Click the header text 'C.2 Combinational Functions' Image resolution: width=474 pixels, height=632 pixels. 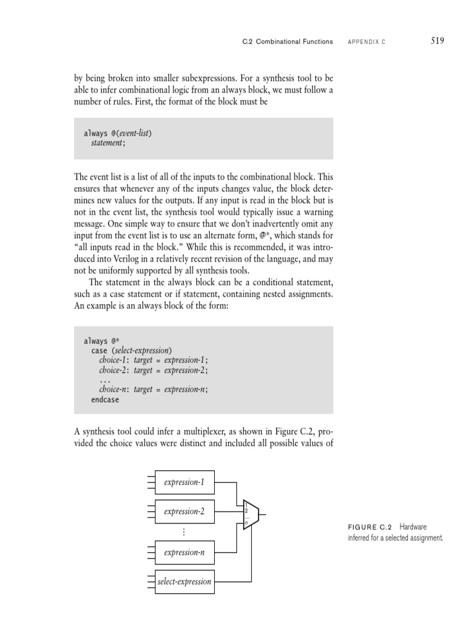pos(288,42)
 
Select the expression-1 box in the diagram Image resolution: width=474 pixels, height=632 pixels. pos(185,482)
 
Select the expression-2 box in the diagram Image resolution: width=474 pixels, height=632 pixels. pos(185,512)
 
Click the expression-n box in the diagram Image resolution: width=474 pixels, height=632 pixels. pos(185,552)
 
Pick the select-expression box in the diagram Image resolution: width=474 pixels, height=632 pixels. pos(185,581)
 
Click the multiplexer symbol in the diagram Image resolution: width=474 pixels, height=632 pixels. pos(250,515)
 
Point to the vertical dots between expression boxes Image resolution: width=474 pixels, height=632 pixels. pos(185,532)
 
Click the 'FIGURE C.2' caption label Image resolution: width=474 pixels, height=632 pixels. pos(371,528)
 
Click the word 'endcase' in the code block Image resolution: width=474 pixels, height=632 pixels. pos(105,399)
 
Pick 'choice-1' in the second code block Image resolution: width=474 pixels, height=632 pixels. pos(114,360)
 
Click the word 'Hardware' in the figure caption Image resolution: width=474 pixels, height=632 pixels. pos(413,528)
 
